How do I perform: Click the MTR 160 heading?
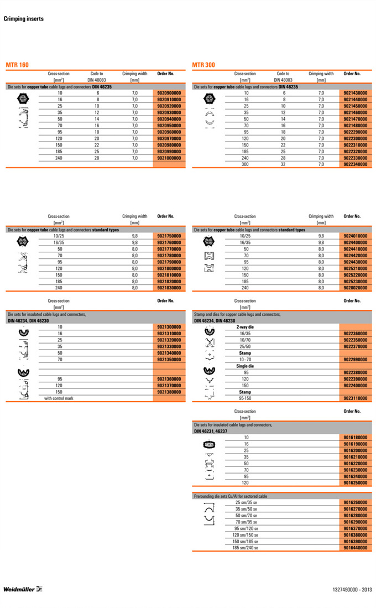click(17, 65)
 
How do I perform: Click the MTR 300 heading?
click(203, 65)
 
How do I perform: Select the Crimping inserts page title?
click(24, 19)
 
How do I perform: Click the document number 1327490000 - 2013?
click(349, 589)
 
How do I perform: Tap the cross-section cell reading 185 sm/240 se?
click(246, 548)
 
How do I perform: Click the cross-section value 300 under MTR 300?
click(246, 164)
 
